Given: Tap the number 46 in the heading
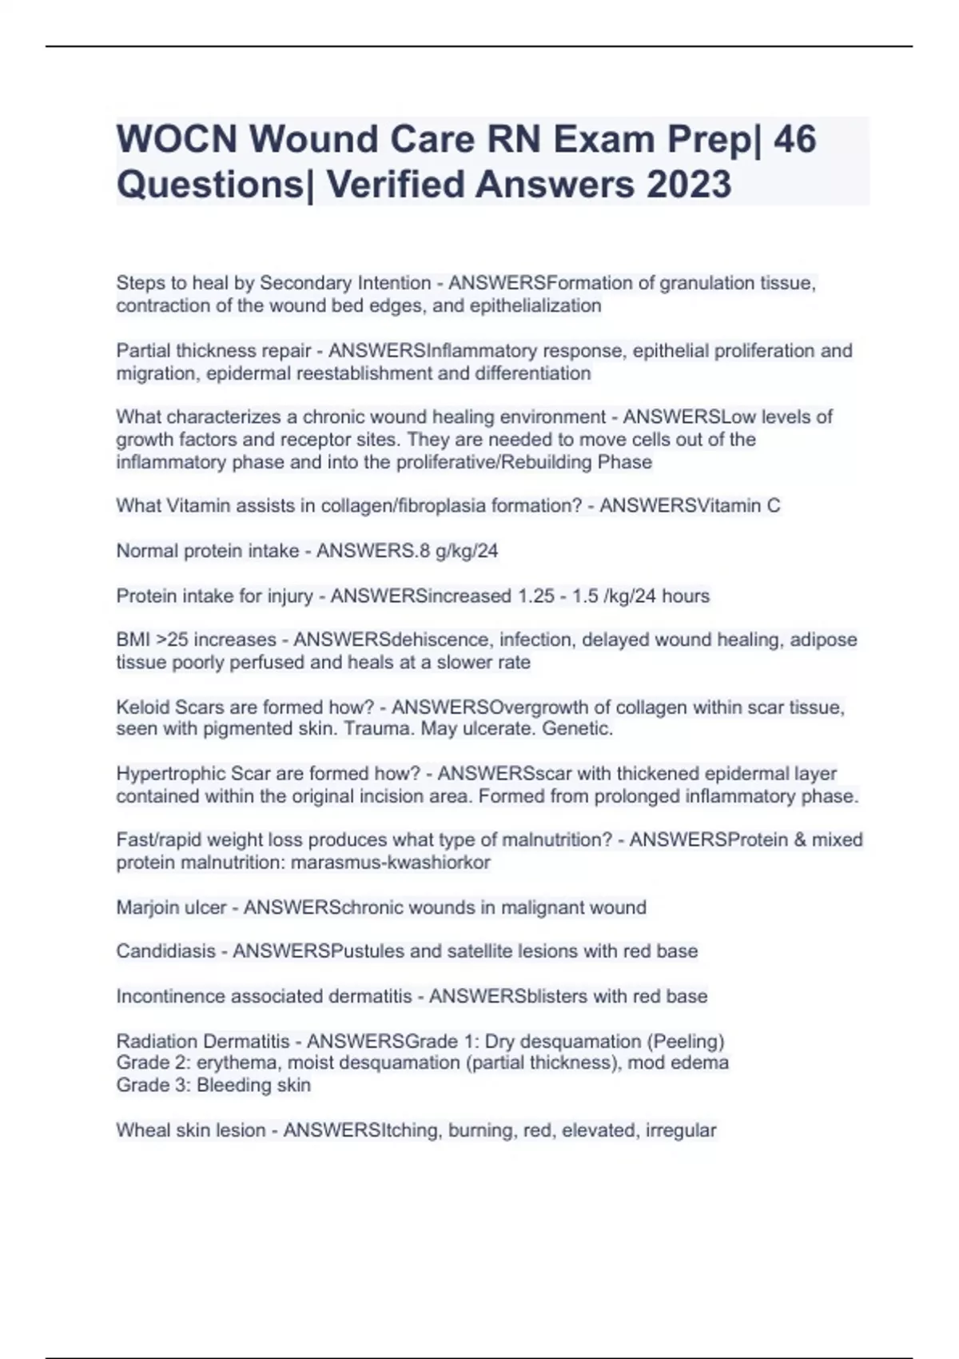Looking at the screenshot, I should pos(794,139).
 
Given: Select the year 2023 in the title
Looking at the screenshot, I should pos(688,184).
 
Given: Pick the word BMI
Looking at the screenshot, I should pos(133,640).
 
